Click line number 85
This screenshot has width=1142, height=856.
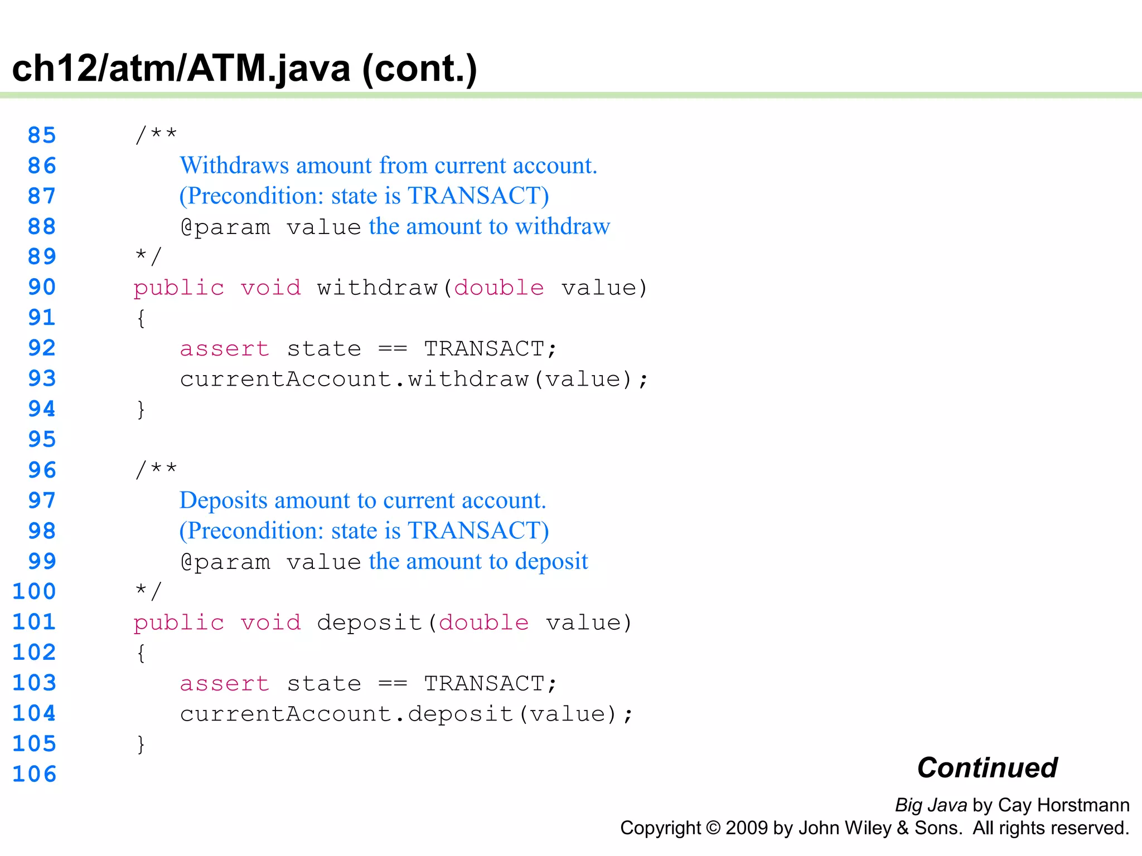tap(42, 135)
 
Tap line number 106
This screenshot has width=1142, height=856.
tap(35, 774)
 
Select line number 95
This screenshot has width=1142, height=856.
tap(42, 440)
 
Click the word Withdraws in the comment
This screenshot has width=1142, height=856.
tap(234, 166)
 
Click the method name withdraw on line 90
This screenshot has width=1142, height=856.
tap(377, 288)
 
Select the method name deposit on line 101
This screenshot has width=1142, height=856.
tap(369, 622)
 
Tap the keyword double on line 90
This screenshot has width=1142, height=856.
tap(499, 288)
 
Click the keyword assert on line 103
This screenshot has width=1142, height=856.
tap(225, 684)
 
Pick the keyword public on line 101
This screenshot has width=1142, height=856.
tap(179, 622)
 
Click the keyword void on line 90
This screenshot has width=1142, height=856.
tap(271, 288)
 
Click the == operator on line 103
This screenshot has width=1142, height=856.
tap(393, 684)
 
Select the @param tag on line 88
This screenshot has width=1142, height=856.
tap(225, 227)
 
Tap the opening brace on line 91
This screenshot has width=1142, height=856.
tap(141, 318)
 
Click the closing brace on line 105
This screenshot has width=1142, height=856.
tap(141, 744)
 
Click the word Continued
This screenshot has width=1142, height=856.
tap(987, 768)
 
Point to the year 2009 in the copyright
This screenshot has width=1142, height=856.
tap(747, 828)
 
